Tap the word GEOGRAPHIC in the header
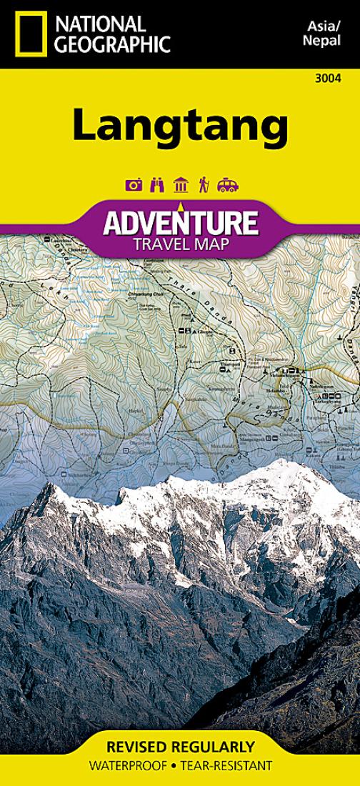[x=113, y=44]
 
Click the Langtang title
[x=179, y=126]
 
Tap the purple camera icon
[x=134, y=185]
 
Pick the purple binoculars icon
[x=157, y=185]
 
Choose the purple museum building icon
[x=180, y=185]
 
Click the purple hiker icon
[x=203, y=185]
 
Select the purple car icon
[x=227, y=185]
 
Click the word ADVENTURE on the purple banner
[x=179, y=223]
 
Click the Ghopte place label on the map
[x=206, y=332]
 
